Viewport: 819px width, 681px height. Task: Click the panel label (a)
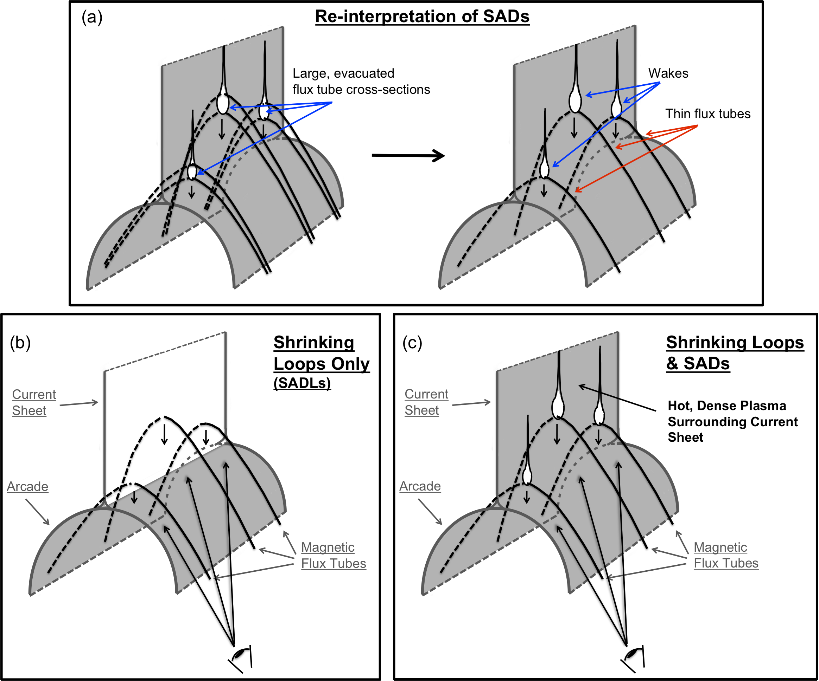(x=92, y=17)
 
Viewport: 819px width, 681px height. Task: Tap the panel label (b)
(x=20, y=343)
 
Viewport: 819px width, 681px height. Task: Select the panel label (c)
(x=412, y=343)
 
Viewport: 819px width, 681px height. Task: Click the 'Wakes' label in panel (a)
(x=668, y=73)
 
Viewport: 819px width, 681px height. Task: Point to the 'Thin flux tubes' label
(x=707, y=114)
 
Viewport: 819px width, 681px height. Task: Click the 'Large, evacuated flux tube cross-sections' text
(x=361, y=82)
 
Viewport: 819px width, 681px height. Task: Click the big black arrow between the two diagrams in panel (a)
(x=407, y=155)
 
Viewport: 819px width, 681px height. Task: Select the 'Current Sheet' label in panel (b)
(x=34, y=402)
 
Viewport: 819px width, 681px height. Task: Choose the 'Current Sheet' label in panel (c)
(x=426, y=402)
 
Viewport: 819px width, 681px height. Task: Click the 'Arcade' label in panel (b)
(x=28, y=487)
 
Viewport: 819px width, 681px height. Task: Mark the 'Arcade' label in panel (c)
(x=420, y=486)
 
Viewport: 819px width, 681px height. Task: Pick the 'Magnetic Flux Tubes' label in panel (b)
(x=334, y=555)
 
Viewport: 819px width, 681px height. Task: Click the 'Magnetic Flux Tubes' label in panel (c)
(x=726, y=555)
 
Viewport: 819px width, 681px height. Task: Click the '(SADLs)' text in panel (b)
(x=302, y=383)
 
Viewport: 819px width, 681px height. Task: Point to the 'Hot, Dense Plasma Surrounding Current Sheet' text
(x=732, y=422)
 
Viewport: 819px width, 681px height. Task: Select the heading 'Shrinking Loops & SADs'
(x=735, y=352)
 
